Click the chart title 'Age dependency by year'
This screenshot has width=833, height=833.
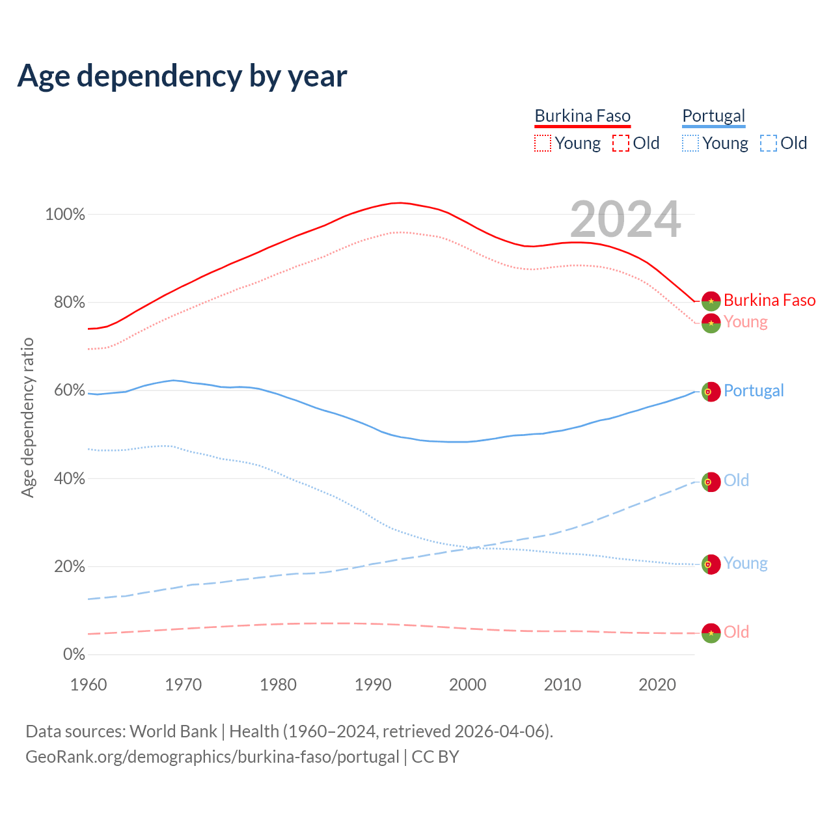pyautogui.click(x=182, y=76)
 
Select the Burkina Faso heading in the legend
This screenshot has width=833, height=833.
pyautogui.click(x=582, y=116)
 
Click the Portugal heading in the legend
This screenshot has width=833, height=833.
pyautogui.click(x=713, y=116)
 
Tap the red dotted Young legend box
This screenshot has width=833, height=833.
pyautogui.click(x=543, y=143)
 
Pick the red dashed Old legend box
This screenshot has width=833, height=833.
pyautogui.click(x=621, y=143)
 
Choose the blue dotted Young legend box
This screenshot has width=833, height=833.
pyautogui.click(x=690, y=143)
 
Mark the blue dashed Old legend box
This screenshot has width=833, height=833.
pyautogui.click(x=769, y=143)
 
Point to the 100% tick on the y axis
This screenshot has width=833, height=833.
pyautogui.click(x=65, y=215)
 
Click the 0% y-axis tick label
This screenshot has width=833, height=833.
pyautogui.click(x=74, y=655)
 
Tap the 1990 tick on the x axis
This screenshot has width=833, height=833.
pyautogui.click(x=373, y=685)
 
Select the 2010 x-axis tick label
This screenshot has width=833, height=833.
pyautogui.click(x=562, y=685)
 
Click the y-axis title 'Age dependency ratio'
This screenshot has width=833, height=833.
pyautogui.click(x=27, y=417)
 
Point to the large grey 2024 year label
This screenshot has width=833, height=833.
pyautogui.click(x=625, y=219)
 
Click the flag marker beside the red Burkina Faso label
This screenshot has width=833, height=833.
pyautogui.click(x=711, y=301)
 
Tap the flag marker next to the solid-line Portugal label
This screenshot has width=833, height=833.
pyautogui.click(x=711, y=392)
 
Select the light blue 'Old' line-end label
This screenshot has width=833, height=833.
pyautogui.click(x=736, y=480)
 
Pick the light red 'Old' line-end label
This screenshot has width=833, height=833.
pyautogui.click(x=736, y=632)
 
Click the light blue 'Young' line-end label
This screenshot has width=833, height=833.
pyautogui.click(x=745, y=563)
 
